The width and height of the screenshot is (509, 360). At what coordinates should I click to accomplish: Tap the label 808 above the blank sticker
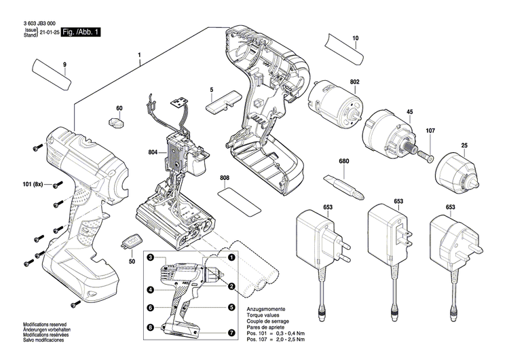(225, 179)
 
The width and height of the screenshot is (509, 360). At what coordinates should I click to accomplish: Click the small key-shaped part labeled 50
(132, 241)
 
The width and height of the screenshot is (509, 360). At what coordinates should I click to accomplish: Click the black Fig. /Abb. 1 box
(81, 32)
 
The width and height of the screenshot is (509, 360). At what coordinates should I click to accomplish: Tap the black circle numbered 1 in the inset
(231, 257)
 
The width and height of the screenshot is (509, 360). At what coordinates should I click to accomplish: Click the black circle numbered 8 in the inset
(151, 328)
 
